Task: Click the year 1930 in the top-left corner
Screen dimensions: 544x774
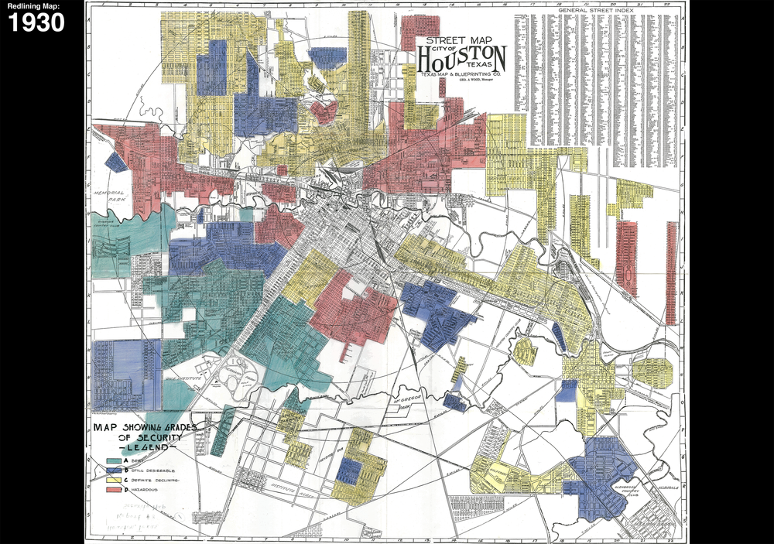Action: click(x=36, y=22)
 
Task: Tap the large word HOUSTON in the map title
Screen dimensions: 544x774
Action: click(x=462, y=58)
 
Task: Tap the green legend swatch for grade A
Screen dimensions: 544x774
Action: click(x=112, y=460)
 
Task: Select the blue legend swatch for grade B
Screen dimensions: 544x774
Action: click(x=112, y=470)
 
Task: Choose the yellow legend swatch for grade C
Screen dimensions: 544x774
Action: click(x=112, y=480)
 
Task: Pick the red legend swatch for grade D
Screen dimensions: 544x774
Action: click(x=112, y=491)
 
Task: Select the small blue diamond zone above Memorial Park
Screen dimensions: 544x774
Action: click(x=115, y=162)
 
